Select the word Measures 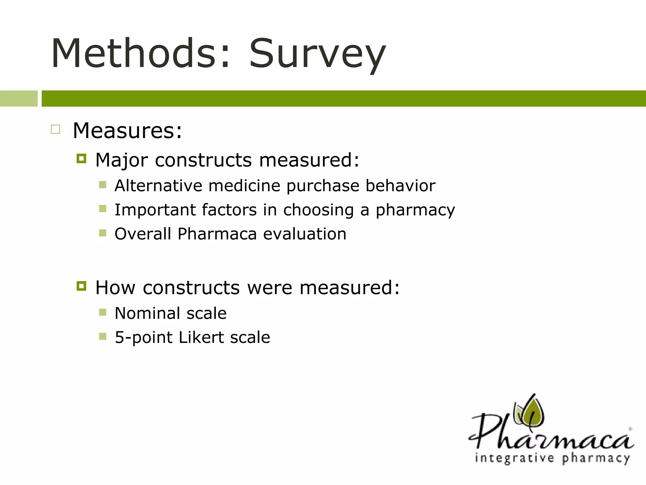point(127,130)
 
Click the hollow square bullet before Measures point(56,129)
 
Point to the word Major point(121,160)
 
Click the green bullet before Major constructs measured point(81,159)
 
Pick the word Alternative point(158,185)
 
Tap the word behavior point(400,185)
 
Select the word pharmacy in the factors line point(415,210)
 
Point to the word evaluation point(304,234)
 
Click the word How point(115,288)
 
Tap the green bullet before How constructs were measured point(81,286)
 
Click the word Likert point(201,337)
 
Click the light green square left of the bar point(19,99)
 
